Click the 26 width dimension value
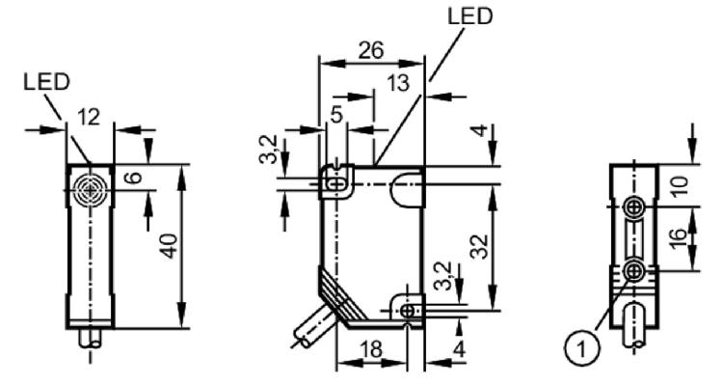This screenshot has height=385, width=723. (371, 50)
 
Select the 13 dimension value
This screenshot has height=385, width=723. (397, 83)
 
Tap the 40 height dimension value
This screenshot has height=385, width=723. (170, 246)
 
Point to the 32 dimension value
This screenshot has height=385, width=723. (479, 246)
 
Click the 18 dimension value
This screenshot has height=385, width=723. (371, 350)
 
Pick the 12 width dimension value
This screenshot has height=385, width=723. (88, 118)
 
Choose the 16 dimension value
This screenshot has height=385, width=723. (678, 239)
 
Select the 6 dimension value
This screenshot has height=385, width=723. (134, 178)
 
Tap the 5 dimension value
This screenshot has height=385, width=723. (337, 115)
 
